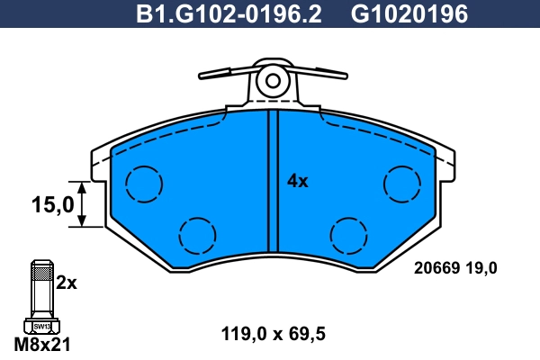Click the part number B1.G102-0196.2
click(229, 13)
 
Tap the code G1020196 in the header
click(409, 13)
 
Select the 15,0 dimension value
click(53, 204)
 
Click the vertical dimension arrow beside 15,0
click(82, 204)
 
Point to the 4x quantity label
click(298, 181)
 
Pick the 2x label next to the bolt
click(66, 283)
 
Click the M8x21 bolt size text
click(42, 344)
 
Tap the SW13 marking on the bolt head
click(42, 326)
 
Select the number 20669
click(436, 267)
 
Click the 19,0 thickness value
click(481, 268)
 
